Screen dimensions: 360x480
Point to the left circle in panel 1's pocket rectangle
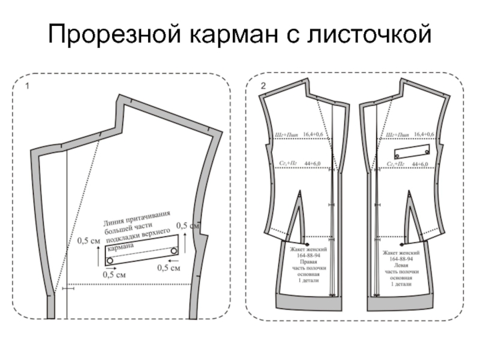(x=110, y=260)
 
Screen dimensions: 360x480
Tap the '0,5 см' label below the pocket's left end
(x=114, y=275)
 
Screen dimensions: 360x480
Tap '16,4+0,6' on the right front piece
(x=314, y=134)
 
